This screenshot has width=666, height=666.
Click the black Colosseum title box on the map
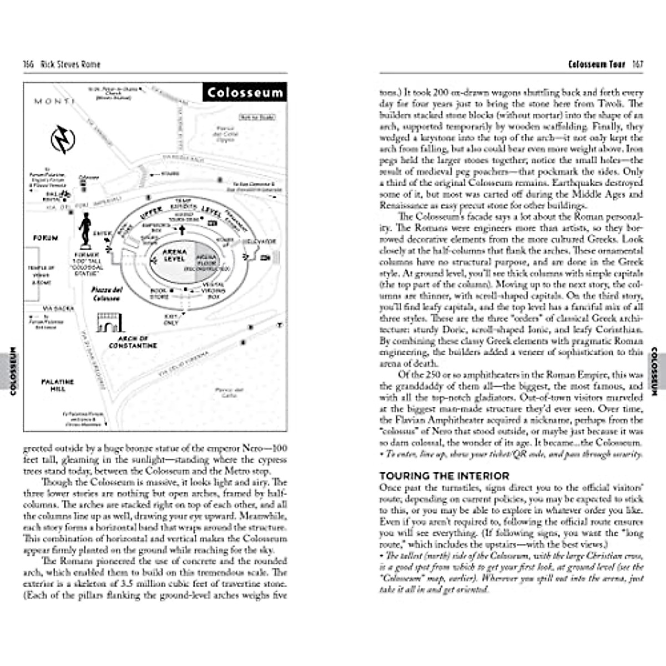[x=245, y=92]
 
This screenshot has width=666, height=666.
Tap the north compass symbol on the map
[x=62, y=139]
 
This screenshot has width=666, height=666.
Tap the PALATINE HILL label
[x=57, y=385]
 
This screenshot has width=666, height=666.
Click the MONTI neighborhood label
[x=54, y=101]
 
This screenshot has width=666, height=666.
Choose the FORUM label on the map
[x=46, y=238]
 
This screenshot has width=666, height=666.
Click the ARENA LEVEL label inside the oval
[x=174, y=255]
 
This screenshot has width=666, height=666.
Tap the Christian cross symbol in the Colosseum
[x=181, y=230]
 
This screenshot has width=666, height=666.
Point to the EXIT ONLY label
[x=171, y=319]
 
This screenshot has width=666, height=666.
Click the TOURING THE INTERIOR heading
[x=444, y=476]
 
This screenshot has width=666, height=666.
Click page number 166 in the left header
[x=29, y=64]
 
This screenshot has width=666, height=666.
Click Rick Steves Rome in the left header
[x=70, y=64]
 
